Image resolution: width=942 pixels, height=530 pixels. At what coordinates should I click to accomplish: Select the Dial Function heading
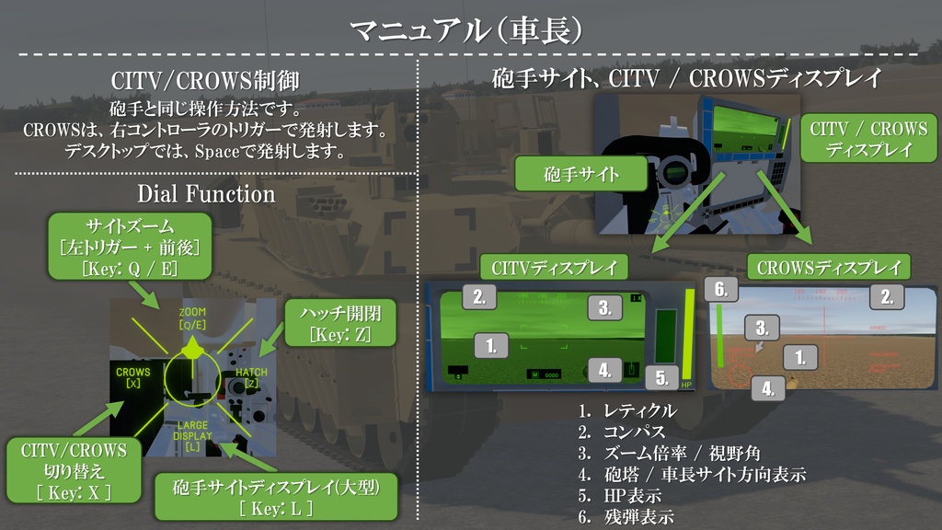coord(206,194)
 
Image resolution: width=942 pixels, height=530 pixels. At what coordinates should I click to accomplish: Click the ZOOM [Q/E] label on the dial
coord(192,318)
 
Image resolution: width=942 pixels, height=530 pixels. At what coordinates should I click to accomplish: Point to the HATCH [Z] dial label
coord(251,377)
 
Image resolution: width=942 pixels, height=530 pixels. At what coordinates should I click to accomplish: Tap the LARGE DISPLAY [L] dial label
coord(192,436)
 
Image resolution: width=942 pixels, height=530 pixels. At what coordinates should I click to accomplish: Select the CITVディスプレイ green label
coord(553,268)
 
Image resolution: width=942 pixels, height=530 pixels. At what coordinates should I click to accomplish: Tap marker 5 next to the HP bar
coord(661,375)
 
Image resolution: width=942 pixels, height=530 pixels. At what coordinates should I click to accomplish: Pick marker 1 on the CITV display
coord(492,346)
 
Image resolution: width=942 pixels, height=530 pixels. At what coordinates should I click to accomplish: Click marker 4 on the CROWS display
coord(768,388)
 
